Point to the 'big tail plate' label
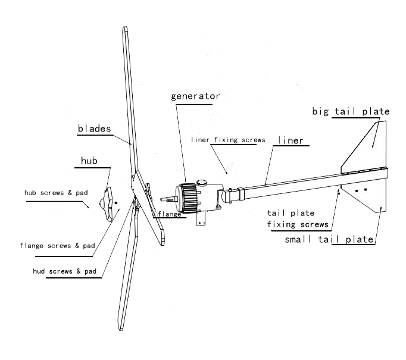tap(351, 111)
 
